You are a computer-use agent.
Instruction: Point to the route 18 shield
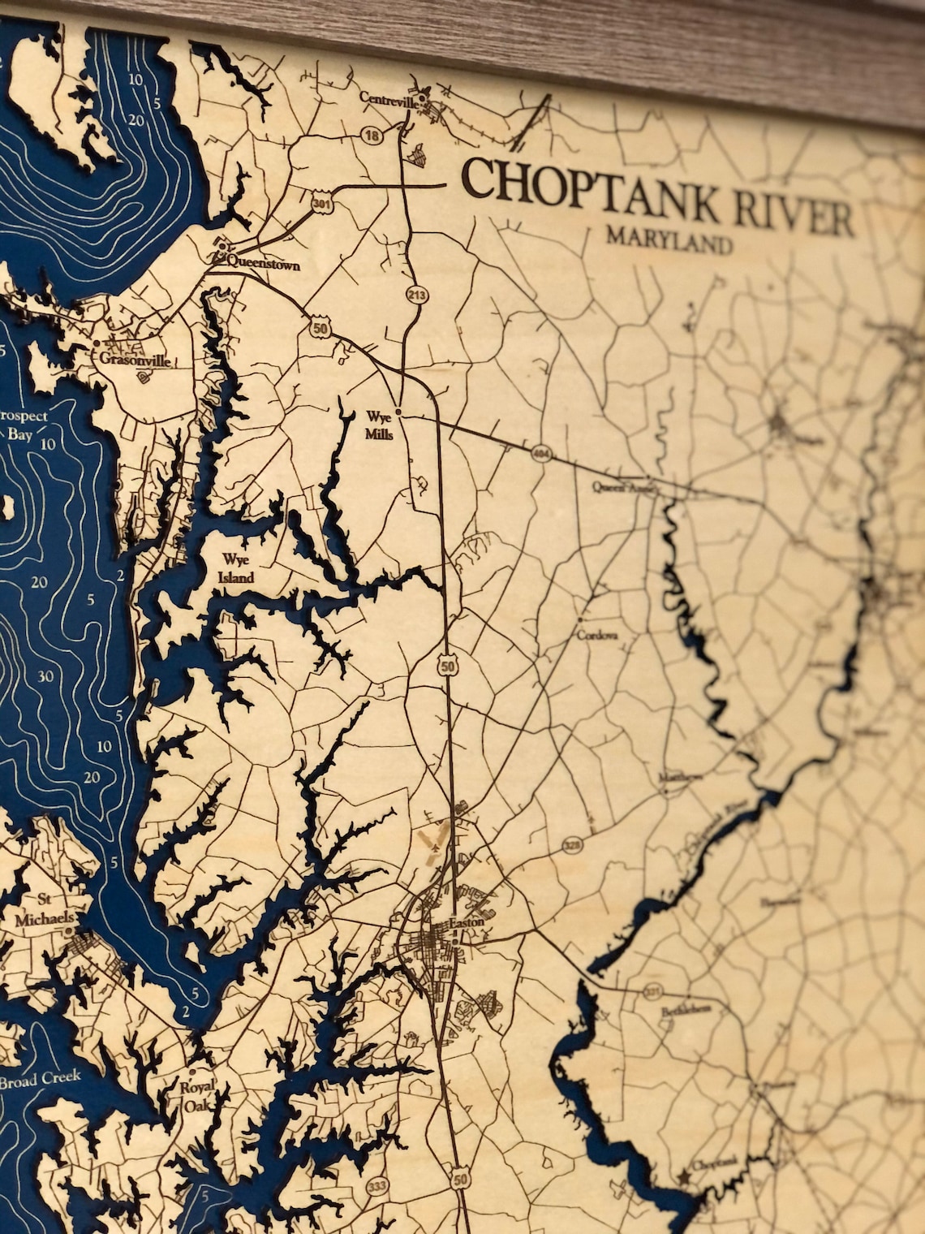tap(372, 136)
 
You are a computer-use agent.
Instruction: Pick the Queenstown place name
tap(263, 264)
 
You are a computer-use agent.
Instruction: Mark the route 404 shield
tap(540, 454)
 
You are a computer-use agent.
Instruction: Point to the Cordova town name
tap(597, 636)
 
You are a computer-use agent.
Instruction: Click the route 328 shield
tap(569, 846)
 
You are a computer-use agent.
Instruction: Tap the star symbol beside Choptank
tap(683, 1174)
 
